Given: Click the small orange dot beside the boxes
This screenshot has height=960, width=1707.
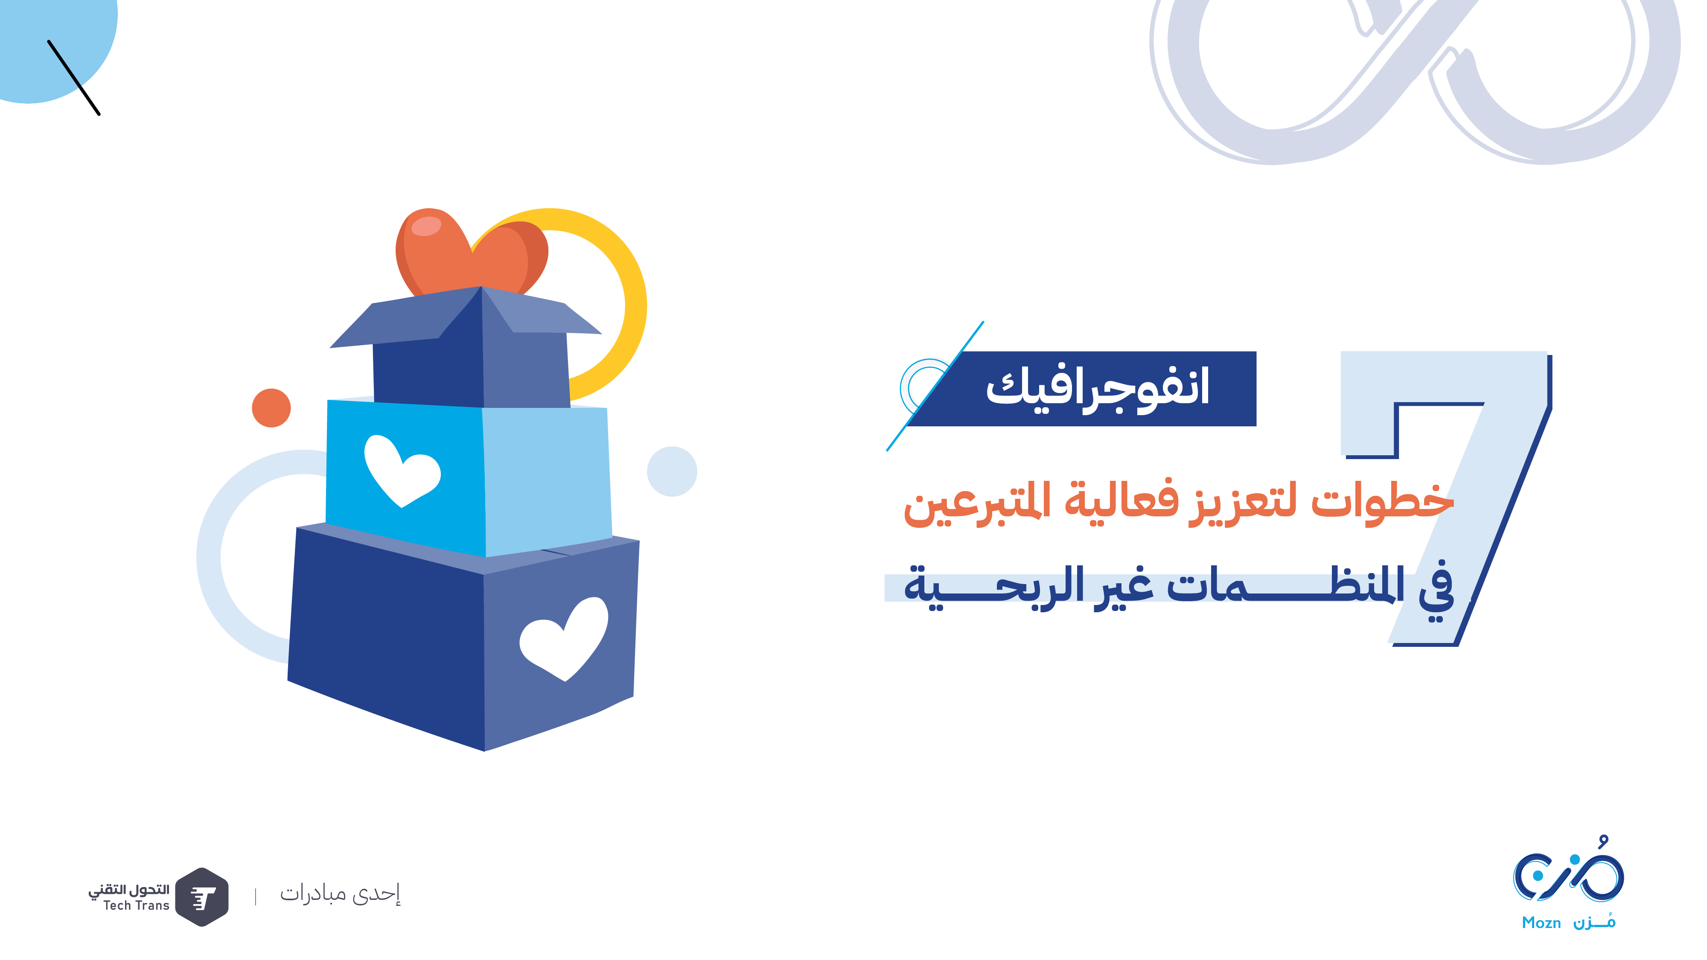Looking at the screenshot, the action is [271, 407].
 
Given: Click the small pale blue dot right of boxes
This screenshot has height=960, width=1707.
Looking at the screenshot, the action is [672, 471].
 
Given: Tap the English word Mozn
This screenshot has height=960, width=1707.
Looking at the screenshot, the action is [1541, 923].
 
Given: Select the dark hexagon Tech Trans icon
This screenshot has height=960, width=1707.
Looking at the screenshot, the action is [202, 897].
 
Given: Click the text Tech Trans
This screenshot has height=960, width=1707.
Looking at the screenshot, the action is [137, 906].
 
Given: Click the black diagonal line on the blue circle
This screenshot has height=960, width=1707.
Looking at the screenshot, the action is [73, 78].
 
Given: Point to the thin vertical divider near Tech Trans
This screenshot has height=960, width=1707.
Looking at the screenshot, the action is [256, 897].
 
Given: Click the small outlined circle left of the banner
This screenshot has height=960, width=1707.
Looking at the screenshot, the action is [926, 387].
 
